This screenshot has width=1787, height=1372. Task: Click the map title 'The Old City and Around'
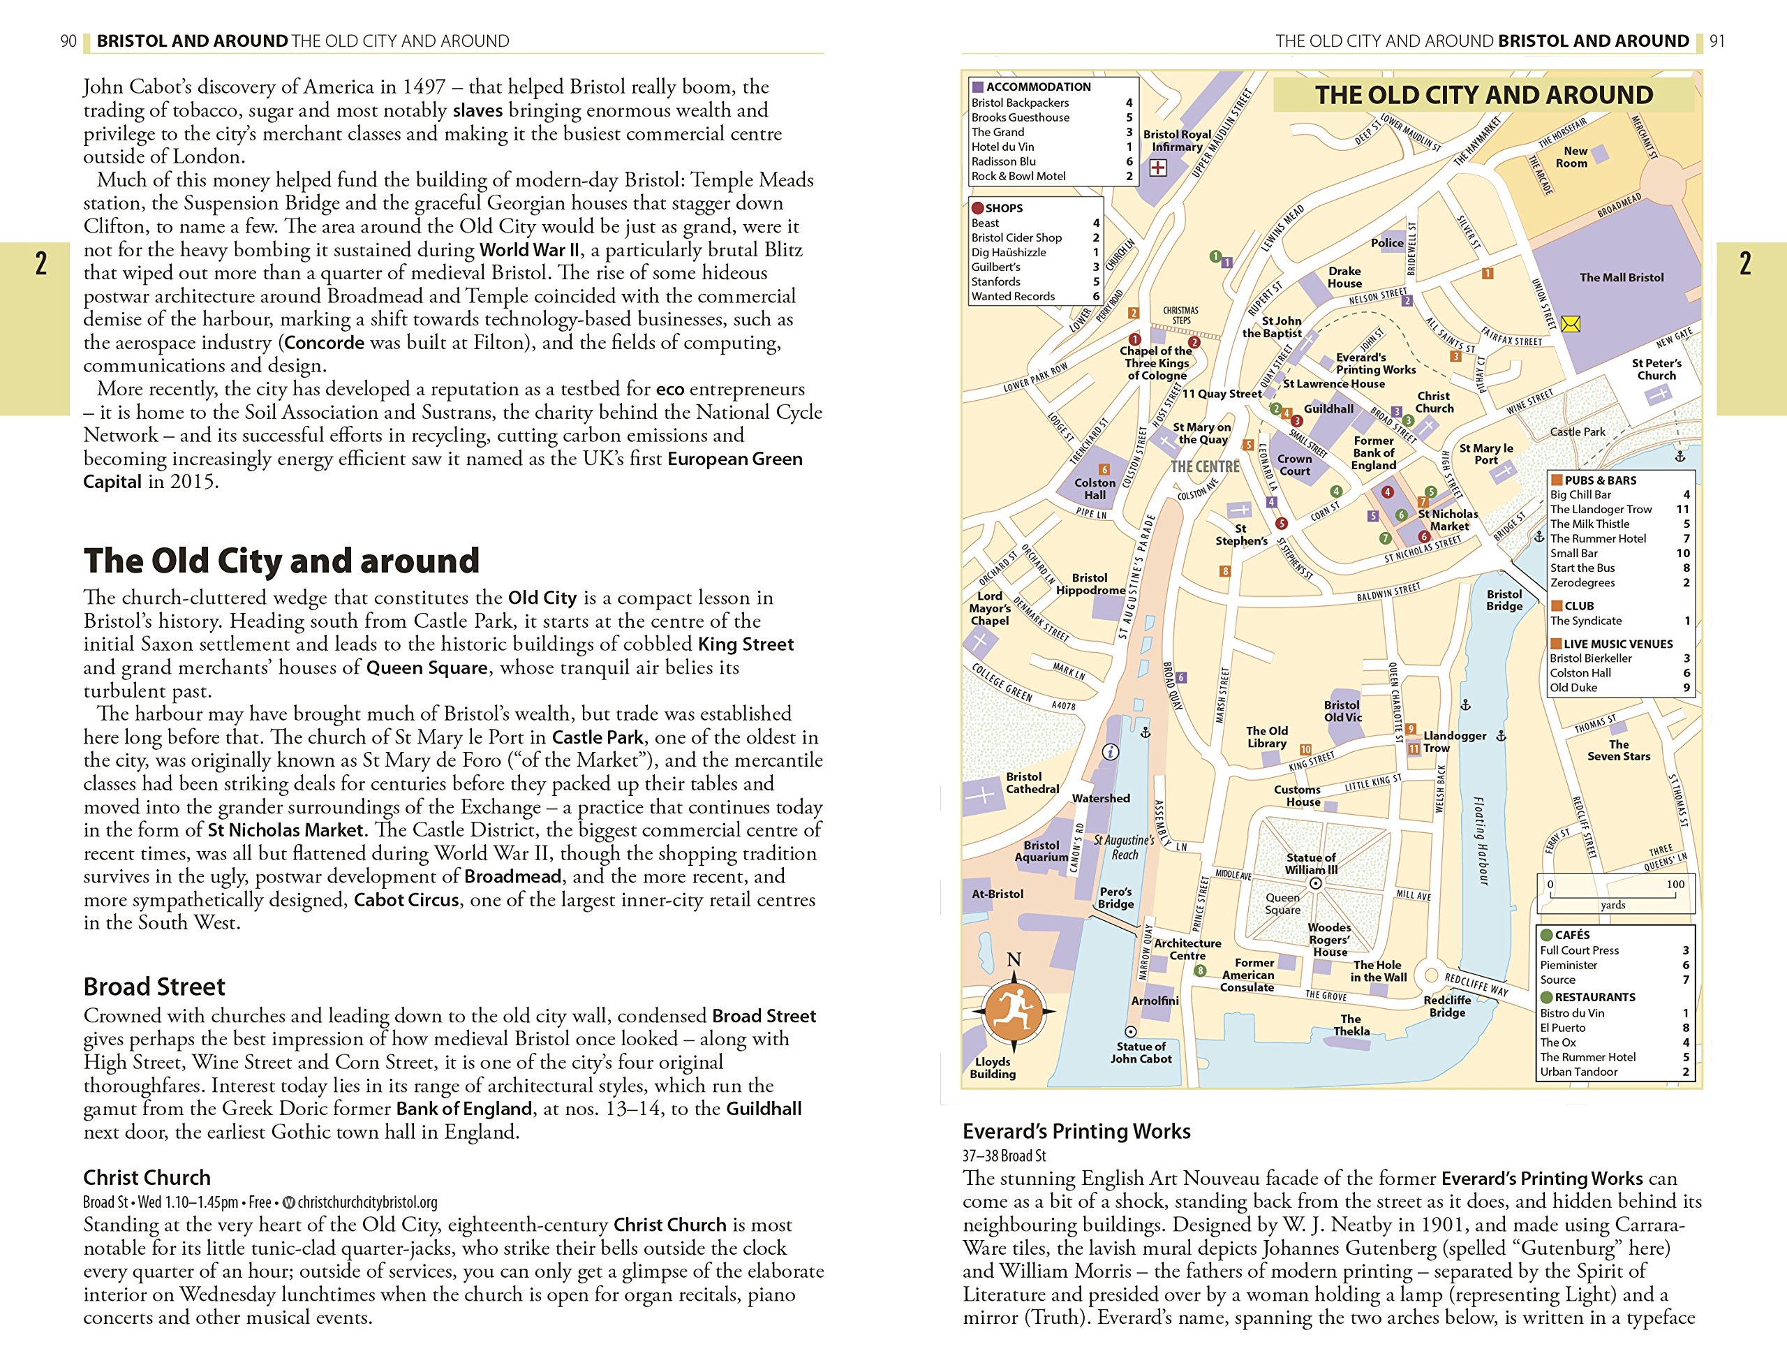click(1483, 95)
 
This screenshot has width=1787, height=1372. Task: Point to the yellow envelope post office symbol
click(1570, 325)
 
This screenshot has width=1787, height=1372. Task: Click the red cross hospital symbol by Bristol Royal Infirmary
click(1157, 168)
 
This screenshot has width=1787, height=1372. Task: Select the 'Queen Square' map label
click(1282, 903)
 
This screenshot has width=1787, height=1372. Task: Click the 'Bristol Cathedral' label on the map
click(1032, 783)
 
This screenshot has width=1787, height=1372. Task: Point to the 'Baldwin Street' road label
click(1388, 591)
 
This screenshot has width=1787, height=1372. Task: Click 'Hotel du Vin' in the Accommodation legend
click(1002, 147)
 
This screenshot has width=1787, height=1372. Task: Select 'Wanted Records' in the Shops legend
click(1013, 297)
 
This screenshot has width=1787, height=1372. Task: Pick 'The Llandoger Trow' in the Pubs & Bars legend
click(1601, 510)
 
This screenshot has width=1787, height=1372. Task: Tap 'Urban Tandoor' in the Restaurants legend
click(1578, 1072)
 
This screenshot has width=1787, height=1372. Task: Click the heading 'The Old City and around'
click(281, 561)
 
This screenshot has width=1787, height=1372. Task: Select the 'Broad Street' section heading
click(154, 987)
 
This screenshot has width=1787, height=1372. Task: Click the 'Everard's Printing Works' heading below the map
click(1076, 1131)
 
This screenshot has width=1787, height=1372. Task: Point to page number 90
click(68, 40)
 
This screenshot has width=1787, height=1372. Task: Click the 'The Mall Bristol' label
click(1622, 278)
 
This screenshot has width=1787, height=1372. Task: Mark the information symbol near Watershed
click(1110, 752)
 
